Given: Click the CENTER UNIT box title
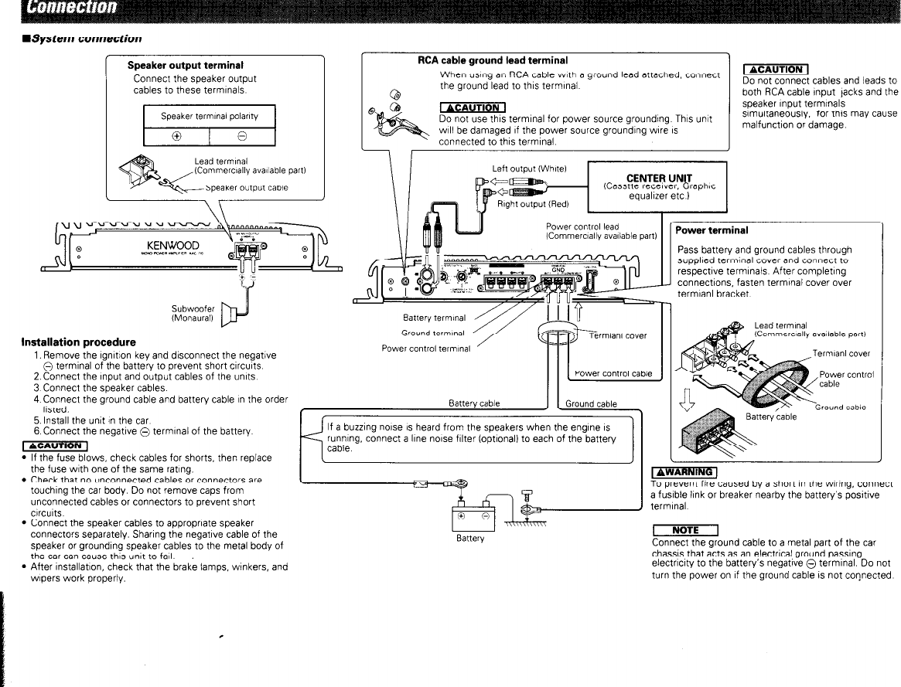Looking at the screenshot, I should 659,178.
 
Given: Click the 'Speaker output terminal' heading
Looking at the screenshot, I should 179,66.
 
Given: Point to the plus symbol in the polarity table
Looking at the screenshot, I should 177,135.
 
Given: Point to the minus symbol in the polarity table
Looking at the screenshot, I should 242,135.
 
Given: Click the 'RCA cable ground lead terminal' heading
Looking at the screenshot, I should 493,60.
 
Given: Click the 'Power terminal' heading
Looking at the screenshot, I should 712,230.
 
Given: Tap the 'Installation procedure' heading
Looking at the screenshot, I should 79,342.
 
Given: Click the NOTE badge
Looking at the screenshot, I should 685,529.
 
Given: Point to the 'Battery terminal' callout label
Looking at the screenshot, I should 434,318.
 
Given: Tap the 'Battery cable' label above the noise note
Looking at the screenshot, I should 474,403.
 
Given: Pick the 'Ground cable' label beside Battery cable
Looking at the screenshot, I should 591,403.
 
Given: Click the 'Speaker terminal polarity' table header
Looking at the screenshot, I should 209,116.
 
